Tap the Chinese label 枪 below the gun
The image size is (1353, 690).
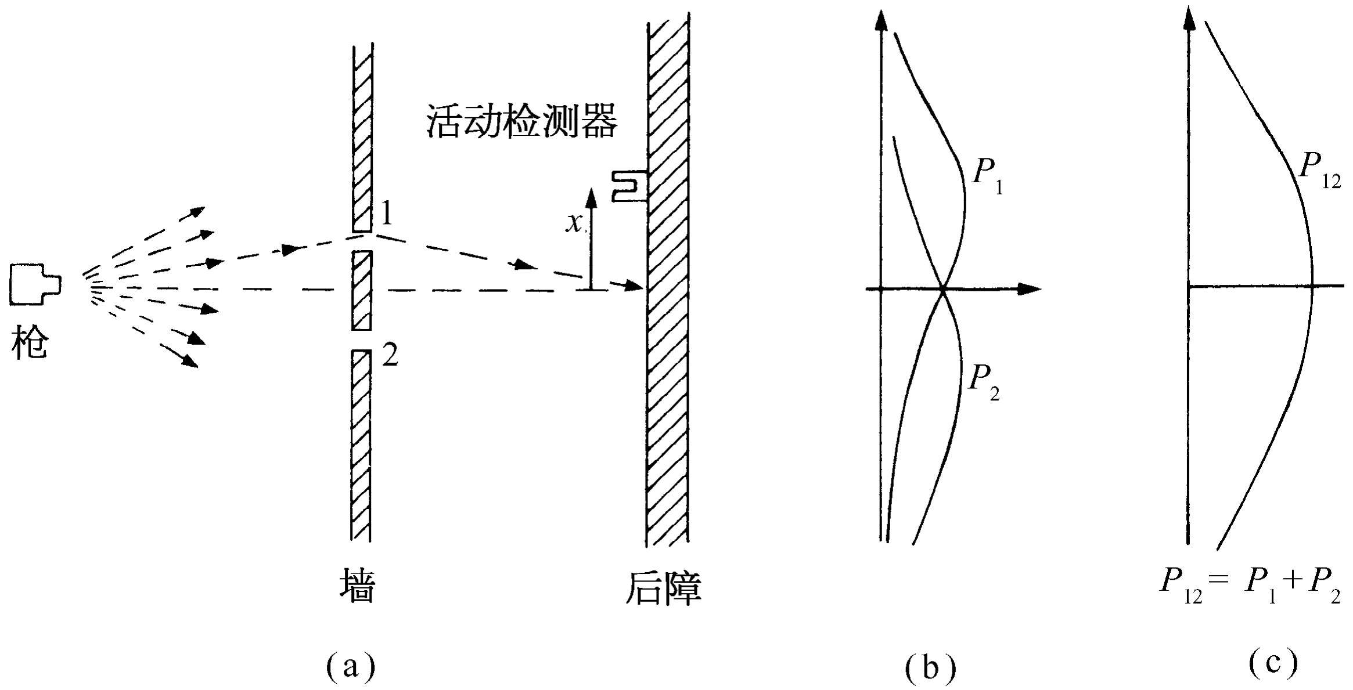coord(29,342)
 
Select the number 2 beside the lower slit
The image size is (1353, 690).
coord(390,355)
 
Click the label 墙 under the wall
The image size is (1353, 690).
coord(357,587)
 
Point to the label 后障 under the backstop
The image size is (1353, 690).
coord(664,589)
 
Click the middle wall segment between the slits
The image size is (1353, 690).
coord(361,290)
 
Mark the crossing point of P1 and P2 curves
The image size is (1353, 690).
coord(943,288)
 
